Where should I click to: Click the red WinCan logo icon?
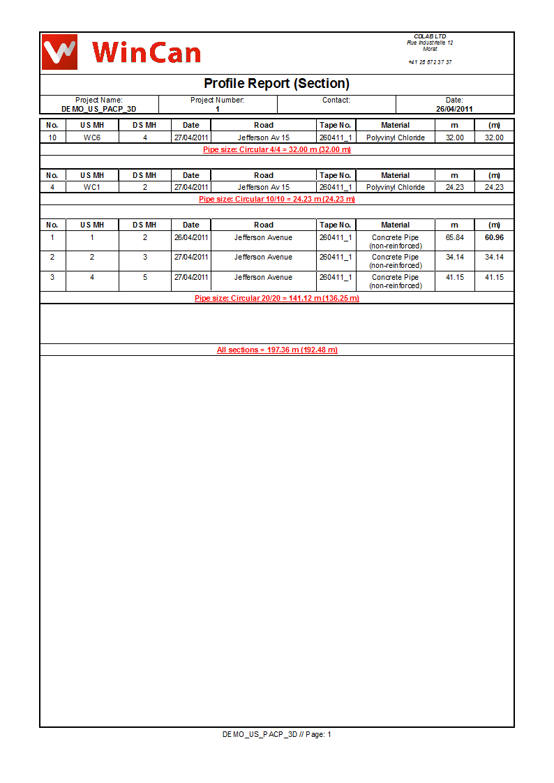(x=59, y=52)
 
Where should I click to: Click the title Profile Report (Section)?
(x=276, y=84)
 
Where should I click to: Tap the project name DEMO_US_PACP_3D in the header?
(x=98, y=109)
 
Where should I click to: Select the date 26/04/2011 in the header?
(x=454, y=109)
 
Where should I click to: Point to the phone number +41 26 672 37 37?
(x=430, y=62)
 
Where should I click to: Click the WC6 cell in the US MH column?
(x=92, y=137)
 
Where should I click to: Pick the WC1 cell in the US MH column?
(x=92, y=187)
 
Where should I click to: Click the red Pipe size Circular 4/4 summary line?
(x=276, y=149)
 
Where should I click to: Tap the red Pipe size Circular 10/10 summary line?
(x=276, y=199)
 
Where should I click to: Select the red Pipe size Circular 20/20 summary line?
(x=276, y=298)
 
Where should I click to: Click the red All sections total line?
(x=276, y=350)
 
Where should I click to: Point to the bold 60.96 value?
(x=494, y=237)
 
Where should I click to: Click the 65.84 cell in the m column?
(x=454, y=237)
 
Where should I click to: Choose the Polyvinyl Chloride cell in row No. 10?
(x=395, y=137)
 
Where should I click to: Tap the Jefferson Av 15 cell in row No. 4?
(x=263, y=187)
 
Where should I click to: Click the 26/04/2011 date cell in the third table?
(x=191, y=237)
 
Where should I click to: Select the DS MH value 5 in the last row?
(x=144, y=277)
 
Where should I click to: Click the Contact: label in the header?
(x=336, y=100)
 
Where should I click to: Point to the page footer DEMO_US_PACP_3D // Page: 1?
(x=276, y=734)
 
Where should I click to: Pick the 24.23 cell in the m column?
(x=454, y=187)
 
